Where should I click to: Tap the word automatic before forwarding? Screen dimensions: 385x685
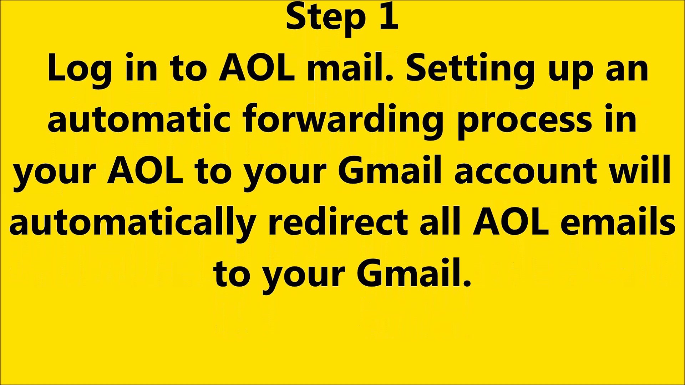(x=141, y=119)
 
